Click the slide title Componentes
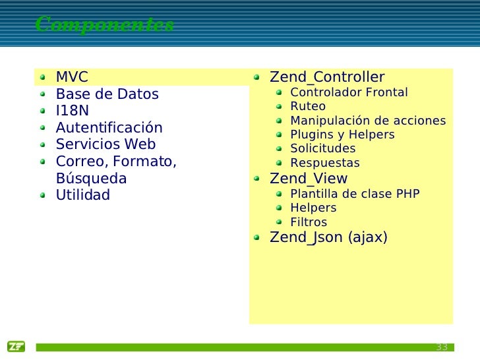(x=105, y=25)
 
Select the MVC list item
(x=72, y=77)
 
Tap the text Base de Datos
(x=107, y=94)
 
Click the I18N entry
(x=72, y=111)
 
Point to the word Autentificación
(x=109, y=128)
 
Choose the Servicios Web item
(x=105, y=144)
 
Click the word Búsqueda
(x=91, y=179)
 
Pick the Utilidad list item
(x=82, y=196)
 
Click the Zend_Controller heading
(x=327, y=77)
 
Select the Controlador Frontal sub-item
(x=349, y=92)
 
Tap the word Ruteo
(x=308, y=106)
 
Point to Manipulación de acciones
(x=368, y=121)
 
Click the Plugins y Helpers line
(x=342, y=135)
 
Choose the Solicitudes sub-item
(x=322, y=148)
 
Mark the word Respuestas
(x=325, y=163)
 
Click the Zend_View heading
(x=309, y=179)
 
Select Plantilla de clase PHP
(x=355, y=194)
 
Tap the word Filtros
(x=309, y=222)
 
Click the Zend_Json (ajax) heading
(x=328, y=237)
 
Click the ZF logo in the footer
(x=16, y=347)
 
